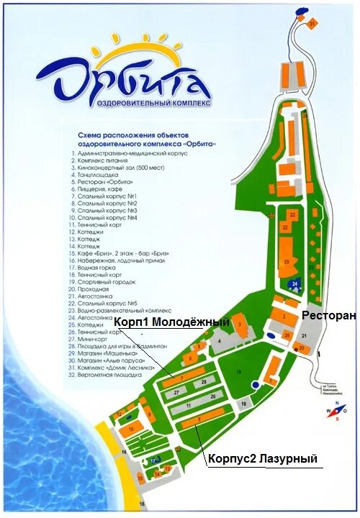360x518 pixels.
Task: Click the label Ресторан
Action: tap(329, 315)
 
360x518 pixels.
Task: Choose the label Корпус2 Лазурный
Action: tap(262, 458)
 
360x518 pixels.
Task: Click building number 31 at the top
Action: tap(312, 23)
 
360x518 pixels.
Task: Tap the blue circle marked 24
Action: tap(295, 285)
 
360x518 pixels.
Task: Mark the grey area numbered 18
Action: tap(243, 404)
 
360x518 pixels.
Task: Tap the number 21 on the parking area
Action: tap(305, 336)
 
